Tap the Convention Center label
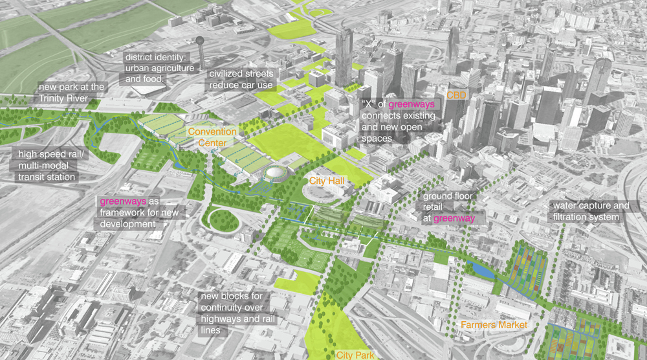[212, 137]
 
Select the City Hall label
[327, 181]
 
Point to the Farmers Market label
[494, 324]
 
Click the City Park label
[355, 354]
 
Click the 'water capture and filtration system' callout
[589, 211]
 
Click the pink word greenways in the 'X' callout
[415, 104]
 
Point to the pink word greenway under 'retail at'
[454, 219]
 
